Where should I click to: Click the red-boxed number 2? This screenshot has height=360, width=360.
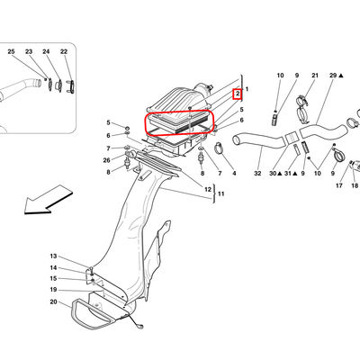[x=238, y=94]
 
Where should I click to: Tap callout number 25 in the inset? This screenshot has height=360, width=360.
[x=11, y=52]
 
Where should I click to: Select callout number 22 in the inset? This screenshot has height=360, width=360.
[x=64, y=52]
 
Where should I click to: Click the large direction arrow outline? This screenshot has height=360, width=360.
[x=48, y=200]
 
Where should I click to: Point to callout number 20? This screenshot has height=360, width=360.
[x=53, y=301]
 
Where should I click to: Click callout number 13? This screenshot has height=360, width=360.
[x=53, y=256]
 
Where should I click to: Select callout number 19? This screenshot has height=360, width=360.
[x=53, y=290]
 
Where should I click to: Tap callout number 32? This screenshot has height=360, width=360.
[x=257, y=174]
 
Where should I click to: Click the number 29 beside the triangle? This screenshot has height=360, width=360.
[x=333, y=76]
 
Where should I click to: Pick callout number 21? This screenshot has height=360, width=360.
[x=315, y=76]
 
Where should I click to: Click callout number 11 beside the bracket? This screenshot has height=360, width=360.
[x=221, y=193]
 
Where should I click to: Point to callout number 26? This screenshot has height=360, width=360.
[x=107, y=160]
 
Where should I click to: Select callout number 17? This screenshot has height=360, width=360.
[x=339, y=185]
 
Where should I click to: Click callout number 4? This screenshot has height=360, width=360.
[x=234, y=174]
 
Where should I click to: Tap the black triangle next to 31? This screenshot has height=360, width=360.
[x=295, y=174]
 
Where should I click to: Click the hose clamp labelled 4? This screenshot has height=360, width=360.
[x=220, y=148]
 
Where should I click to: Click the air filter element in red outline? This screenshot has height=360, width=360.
[x=179, y=123]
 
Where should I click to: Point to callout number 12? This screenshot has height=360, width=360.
[x=208, y=190]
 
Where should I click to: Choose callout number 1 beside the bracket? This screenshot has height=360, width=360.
[x=247, y=89]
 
